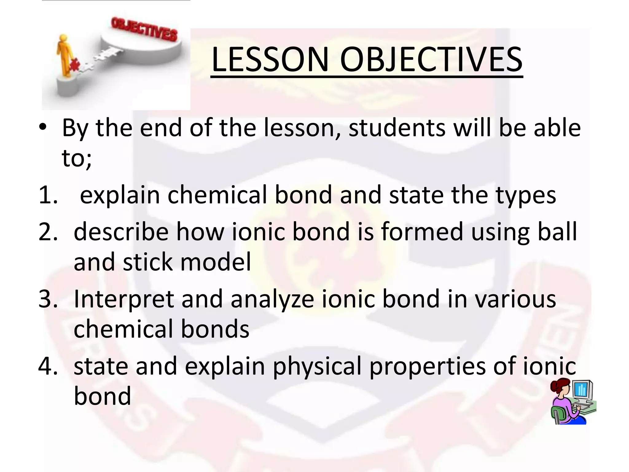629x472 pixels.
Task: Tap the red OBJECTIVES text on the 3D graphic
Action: click(x=144, y=29)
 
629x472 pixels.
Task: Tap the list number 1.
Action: click(x=47, y=195)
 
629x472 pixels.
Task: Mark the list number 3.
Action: click(x=48, y=299)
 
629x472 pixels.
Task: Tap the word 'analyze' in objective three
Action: click(x=272, y=299)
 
